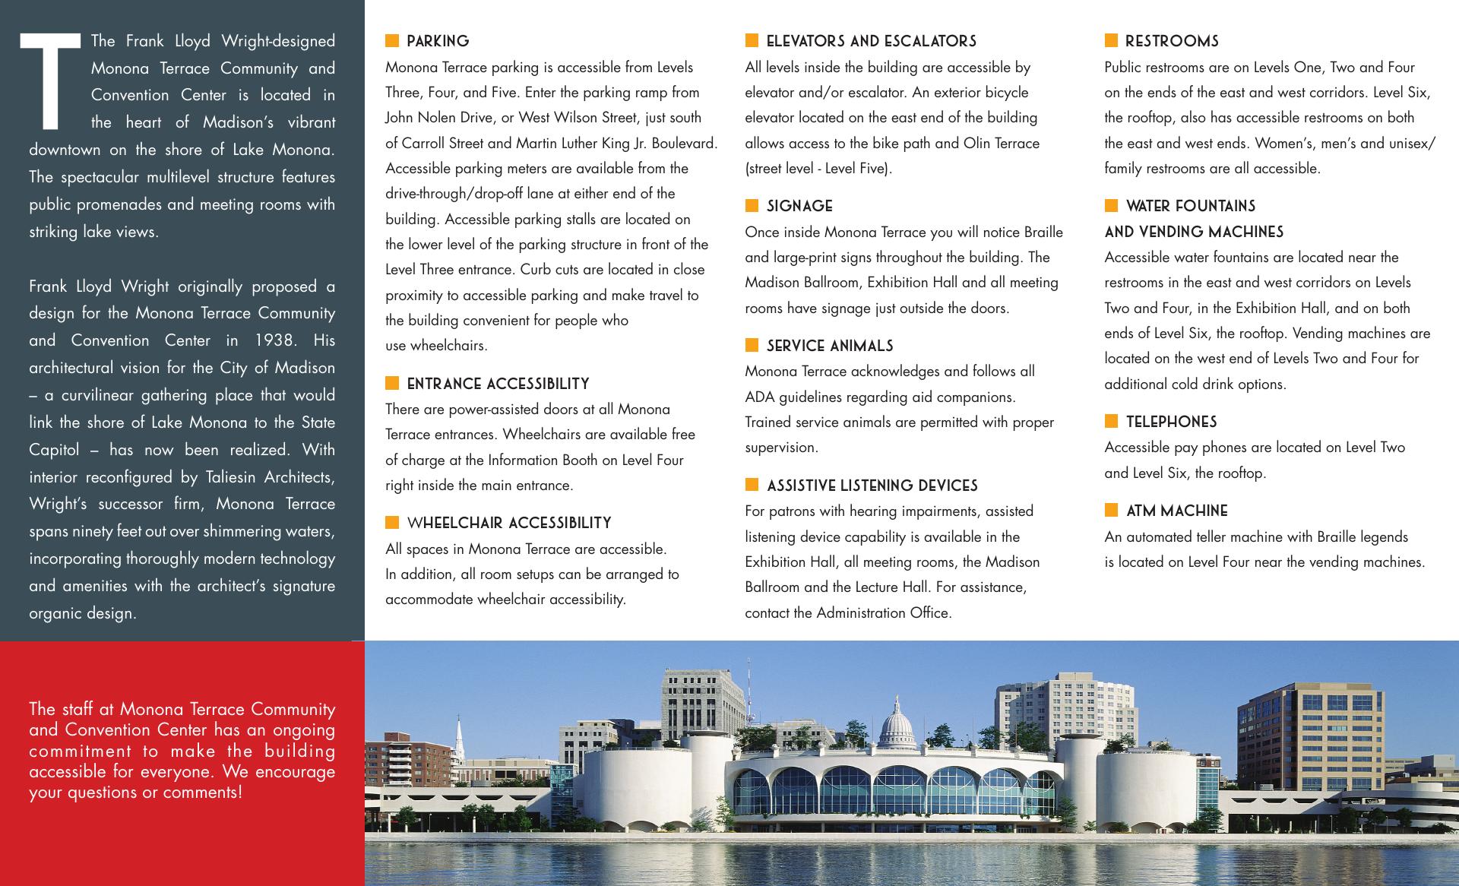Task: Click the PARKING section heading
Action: (x=438, y=41)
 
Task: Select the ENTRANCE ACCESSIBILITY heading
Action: (x=498, y=384)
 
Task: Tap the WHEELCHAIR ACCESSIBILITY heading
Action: (x=509, y=523)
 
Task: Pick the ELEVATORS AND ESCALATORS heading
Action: (x=871, y=41)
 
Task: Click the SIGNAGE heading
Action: (x=799, y=206)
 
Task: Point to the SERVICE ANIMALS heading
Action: (x=830, y=346)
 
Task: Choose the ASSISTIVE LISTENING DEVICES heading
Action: (x=872, y=486)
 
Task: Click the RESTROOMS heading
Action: (x=1172, y=41)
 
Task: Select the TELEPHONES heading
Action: (x=1171, y=422)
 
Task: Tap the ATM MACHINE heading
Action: (x=1176, y=511)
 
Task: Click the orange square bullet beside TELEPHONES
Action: (x=1111, y=421)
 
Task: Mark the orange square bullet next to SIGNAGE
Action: (x=752, y=205)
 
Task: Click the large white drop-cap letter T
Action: (x=50, y=81)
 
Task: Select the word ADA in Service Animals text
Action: (x=758, y=397)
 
